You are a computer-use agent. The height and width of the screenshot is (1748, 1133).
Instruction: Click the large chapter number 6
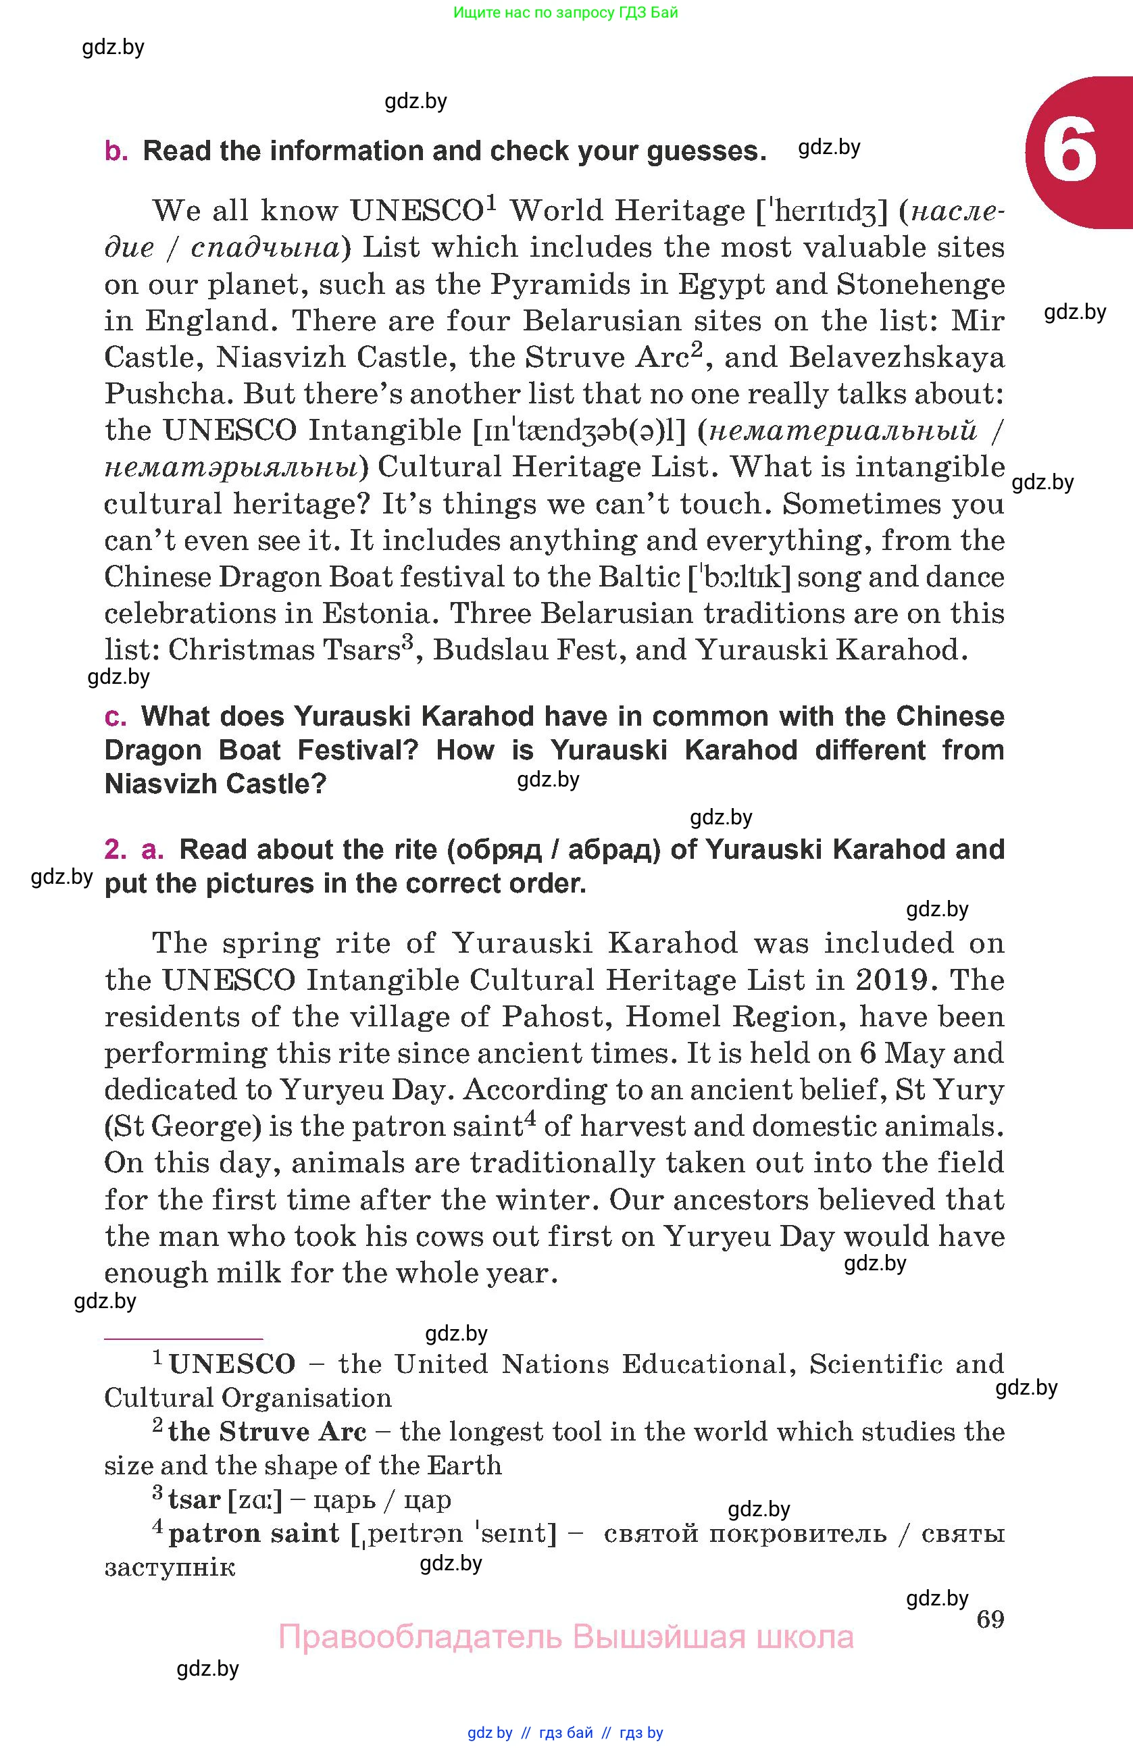[1069, 152]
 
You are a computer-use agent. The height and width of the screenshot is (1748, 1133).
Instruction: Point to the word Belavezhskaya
[897, 357]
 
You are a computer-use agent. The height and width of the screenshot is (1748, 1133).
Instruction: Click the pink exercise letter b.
[116, 151]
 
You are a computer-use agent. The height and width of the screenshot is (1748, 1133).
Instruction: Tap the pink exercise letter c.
[116, 717]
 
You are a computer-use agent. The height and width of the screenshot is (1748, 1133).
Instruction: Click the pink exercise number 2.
[116, 850]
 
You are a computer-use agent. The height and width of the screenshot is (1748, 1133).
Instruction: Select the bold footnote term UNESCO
[232, 1365]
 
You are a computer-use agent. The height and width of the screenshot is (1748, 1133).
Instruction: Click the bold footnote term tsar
[194, 1499]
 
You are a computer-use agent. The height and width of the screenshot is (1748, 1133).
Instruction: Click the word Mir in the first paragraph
[978, 321]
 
